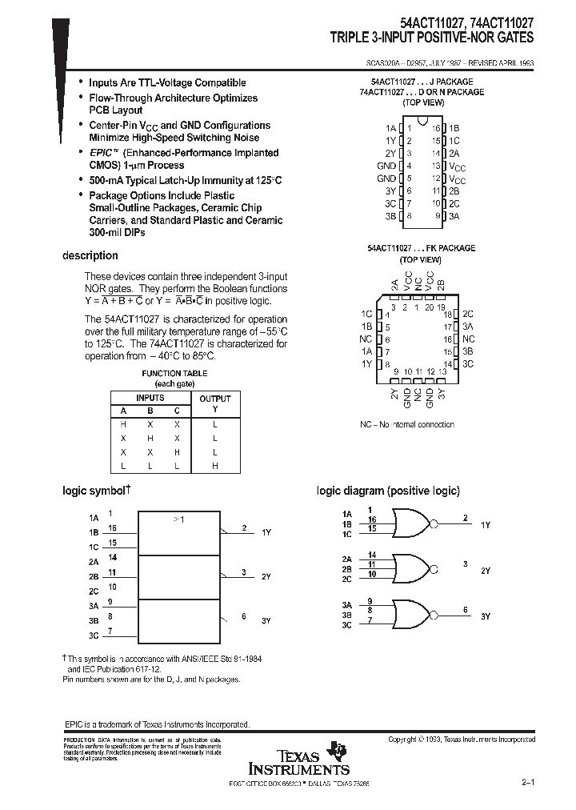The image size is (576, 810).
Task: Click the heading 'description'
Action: point(90,256)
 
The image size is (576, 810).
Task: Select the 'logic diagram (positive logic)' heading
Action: point(388,491)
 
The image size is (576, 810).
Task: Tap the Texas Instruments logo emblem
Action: point(341,750)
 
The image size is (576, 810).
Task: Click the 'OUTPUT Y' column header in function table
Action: point(214,403)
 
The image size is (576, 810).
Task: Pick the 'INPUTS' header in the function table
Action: point(150,398)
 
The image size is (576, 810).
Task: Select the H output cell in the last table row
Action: point(214,465)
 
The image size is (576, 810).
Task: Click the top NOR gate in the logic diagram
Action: point(410,524)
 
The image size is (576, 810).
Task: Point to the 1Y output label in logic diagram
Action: point(486,524)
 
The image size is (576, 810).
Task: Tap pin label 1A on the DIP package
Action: point(390,128)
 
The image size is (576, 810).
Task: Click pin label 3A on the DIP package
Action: point(454,216)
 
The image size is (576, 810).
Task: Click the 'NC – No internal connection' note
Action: point(406,425)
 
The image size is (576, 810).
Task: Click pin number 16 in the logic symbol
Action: point(113,528)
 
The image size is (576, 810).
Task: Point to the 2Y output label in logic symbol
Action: point(267,576)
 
